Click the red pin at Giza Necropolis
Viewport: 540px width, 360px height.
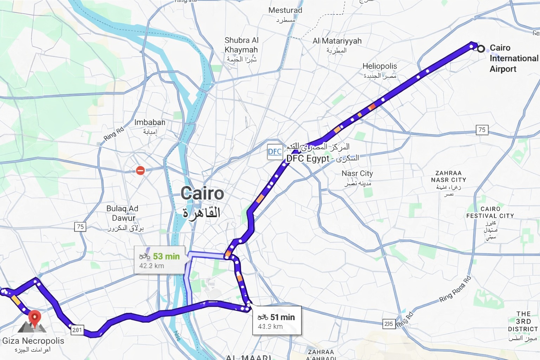point(34,317)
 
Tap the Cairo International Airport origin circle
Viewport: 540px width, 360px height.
point(481,49)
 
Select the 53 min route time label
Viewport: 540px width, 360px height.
point(166,256)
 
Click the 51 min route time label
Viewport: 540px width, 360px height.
point(282,317)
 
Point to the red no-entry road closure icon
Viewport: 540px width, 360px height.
point(140,171)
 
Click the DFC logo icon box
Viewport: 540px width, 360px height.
point(275,152)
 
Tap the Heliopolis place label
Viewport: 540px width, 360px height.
point(380,66)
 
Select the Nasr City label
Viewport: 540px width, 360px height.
point(357,173)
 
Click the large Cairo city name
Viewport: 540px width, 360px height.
point(202,194)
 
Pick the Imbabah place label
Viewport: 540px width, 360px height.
point(150,123)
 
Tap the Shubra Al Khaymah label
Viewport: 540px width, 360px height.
point(242,45)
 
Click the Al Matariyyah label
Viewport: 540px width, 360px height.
point(337,41)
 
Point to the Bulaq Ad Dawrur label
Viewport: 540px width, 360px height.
point(123,213)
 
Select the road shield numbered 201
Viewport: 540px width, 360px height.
point(77,330)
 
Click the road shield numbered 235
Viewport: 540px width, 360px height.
point(389,324)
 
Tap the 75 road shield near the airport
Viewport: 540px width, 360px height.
point(482,130)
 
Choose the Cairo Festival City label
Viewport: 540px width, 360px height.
point(490,212)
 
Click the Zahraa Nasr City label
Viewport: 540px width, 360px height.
point(448,176)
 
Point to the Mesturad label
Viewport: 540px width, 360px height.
point(285,11)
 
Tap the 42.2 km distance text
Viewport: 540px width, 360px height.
point(152,266)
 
